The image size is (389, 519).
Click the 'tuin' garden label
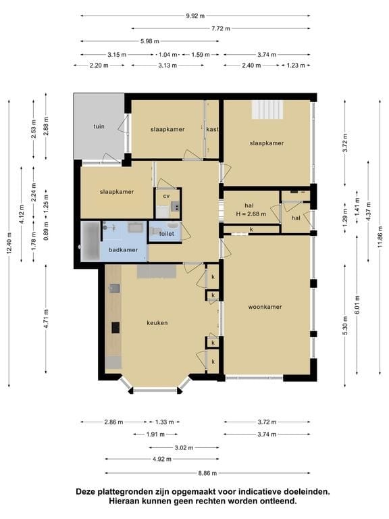(99, 126)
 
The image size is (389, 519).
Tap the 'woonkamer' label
(265, 307)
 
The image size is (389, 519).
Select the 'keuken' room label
(157, 323)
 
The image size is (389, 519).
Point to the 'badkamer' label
(124, 250)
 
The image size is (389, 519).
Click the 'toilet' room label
(166, 234)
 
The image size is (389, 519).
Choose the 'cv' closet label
(166, 196)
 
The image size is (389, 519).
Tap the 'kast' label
(212, 129)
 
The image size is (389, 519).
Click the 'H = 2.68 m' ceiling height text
(251, 214)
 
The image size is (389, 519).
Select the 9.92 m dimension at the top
(195, 16)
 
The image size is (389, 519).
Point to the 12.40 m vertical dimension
(9, 243)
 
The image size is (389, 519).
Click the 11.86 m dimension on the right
(380, 237)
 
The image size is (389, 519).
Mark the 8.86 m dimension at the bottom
(207, 473)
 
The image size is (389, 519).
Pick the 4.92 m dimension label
(162, 459)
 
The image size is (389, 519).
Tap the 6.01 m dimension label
(357, 305)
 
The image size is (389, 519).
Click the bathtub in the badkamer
(90, 241)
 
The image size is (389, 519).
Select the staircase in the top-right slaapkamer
(267, 109)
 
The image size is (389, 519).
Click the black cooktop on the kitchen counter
(115, 327)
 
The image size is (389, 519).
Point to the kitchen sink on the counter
(114, 289)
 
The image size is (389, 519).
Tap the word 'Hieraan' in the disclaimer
(124, 501)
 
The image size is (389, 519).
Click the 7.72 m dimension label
(221, 28)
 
